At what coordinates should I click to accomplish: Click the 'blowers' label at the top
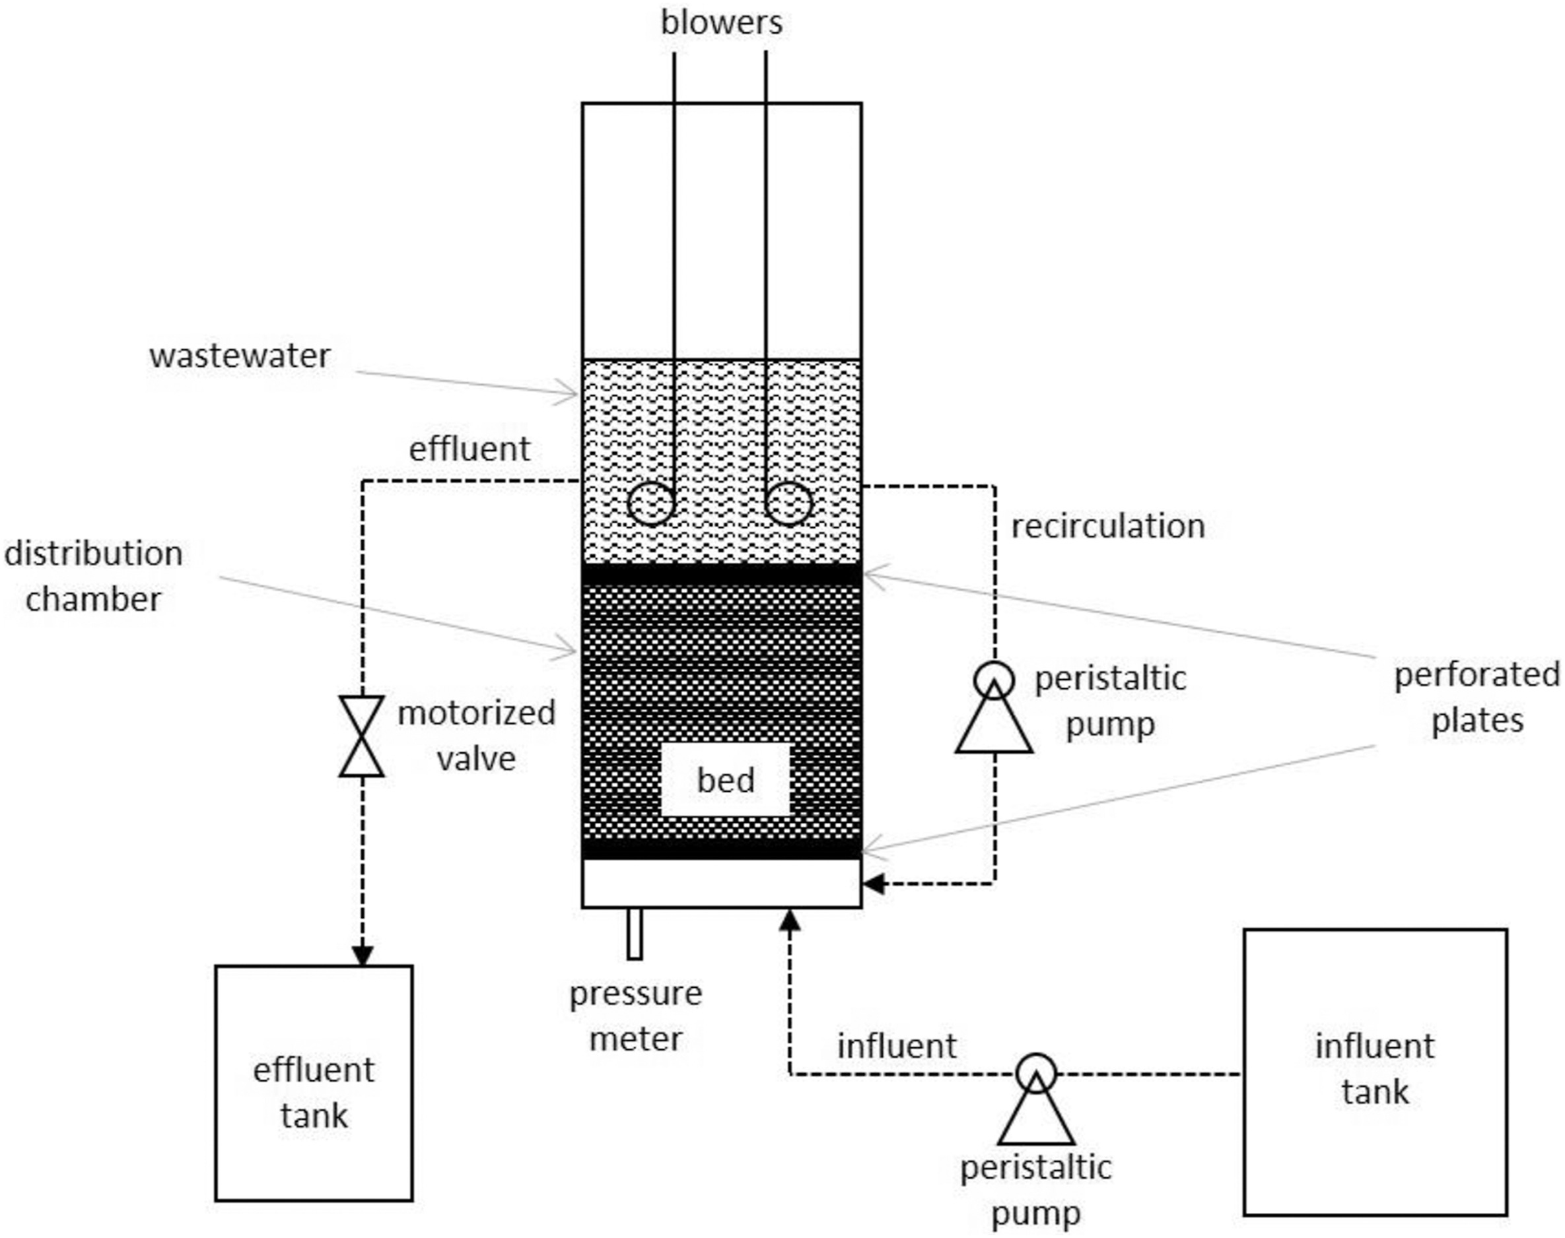(721, 23)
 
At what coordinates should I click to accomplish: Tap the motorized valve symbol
(361, 736)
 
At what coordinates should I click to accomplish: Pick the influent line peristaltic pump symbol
(1036, 1099)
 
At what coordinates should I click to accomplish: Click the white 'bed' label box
(725, 780)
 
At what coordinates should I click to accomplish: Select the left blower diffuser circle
(650, 504)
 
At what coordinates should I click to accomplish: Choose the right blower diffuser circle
(789, 504)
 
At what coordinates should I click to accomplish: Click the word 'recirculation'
(1107, 526)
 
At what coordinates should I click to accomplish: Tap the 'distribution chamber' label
(94, 576)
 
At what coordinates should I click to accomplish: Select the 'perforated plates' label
(1477, 698)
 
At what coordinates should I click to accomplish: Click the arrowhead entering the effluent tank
(362, 956)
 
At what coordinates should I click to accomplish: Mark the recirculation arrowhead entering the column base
(873, 884)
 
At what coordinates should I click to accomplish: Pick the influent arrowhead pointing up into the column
(790, 921)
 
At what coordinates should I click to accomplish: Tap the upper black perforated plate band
(722, 574)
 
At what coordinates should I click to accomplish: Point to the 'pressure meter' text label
(635, 1016)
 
